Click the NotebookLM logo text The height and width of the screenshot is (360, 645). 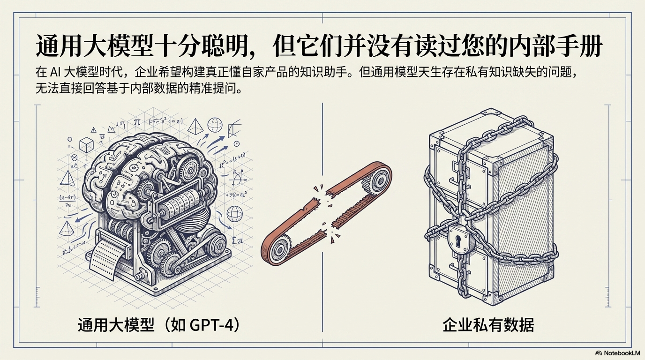[621, 353]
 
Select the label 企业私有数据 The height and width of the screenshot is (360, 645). [488, 325]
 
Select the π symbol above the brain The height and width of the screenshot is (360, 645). [137, 122]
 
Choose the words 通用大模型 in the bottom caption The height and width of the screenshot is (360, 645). [116, 325]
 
